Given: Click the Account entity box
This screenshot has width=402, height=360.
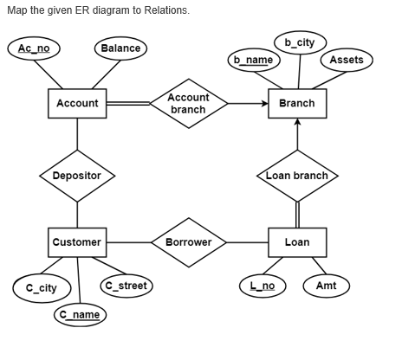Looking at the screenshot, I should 77,104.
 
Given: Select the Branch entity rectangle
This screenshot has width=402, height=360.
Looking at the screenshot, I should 297,104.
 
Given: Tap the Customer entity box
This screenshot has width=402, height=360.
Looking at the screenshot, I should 77,242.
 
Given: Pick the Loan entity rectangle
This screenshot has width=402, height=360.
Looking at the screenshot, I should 297,242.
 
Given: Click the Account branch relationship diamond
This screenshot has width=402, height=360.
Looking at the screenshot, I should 188,104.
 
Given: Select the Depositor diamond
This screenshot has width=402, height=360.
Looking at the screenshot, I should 77,176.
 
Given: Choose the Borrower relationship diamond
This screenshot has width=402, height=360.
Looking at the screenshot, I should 188,242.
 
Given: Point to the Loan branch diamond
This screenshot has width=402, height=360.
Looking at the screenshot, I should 297,176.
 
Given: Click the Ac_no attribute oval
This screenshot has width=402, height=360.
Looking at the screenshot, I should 33,48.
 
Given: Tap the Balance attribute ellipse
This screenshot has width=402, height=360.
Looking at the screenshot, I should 120,48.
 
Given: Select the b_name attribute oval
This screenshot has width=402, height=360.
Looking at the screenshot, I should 253,60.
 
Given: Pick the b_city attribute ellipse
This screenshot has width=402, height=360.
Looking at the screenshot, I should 300,42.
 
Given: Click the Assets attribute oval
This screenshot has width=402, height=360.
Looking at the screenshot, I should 347,60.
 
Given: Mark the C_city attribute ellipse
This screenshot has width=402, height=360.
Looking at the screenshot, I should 41,287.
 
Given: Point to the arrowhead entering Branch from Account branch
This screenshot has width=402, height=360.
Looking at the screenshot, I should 264,104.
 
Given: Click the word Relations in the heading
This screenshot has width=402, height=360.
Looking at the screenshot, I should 165,10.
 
